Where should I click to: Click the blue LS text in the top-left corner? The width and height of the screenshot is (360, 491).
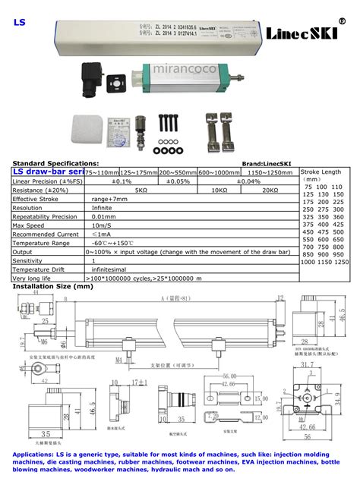click(18, 23)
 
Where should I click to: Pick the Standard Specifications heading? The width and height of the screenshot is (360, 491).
click(55, 163)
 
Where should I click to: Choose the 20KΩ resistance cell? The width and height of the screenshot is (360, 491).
click(270, 190)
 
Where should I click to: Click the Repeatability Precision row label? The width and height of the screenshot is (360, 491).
click(45, 216)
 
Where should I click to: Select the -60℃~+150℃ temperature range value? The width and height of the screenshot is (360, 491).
click(108, 242)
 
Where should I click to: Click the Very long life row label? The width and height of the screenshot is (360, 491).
click(33, 278)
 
